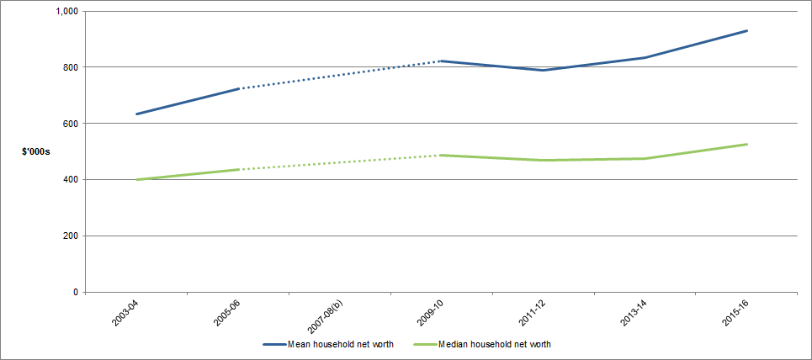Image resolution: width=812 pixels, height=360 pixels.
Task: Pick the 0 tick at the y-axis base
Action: (x=75, y=292)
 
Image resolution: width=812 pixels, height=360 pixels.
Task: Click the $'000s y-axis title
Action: (x=36, y=151)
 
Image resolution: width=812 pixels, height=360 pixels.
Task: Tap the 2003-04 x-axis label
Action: (x=124, y=314)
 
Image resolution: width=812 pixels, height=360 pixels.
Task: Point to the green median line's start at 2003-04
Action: (x=136, y=179)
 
